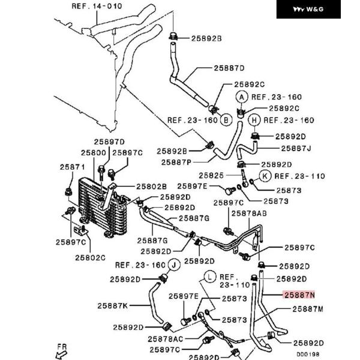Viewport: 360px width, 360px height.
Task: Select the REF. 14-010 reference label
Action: (x=97, y=6)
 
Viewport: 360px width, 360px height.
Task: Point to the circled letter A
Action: (x=242, y=97)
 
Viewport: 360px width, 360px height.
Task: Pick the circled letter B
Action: (x=226, y=119)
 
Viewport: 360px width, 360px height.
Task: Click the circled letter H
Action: (x=254, y=120)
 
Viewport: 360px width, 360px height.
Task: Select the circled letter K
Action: (x=264, y=176)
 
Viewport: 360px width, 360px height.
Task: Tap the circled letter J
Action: (x=174, y=264)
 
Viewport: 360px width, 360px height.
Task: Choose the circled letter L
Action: (x=209, y=276)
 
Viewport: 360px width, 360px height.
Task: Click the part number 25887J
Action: (x=296, y=148)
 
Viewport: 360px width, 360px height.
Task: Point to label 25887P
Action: (x=176, y=162)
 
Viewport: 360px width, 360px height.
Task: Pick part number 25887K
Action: (x=113, y=305)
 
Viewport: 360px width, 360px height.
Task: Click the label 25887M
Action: (x=308, y=310)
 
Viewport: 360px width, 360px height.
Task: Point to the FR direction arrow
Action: (x=61, y=349)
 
